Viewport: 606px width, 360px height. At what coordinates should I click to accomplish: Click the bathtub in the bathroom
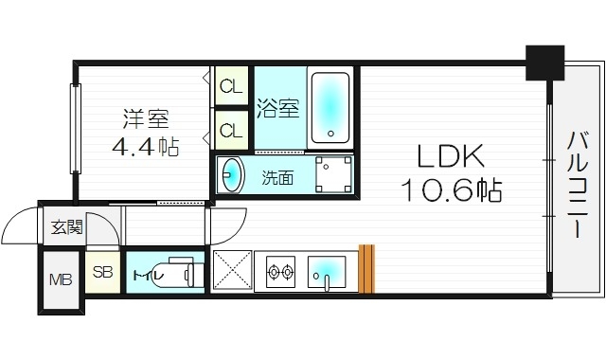coord(330,106)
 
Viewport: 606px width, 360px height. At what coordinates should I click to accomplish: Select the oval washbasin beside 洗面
coord(231,175)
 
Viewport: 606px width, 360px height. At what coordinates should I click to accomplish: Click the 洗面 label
coord(276,176)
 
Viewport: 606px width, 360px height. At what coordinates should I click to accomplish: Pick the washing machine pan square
coord(331,174)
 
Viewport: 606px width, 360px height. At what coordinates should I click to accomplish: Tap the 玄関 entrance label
coord(66,227)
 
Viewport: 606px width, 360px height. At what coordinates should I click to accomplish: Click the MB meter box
coord(60,280)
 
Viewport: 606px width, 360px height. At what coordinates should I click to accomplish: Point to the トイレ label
coord(149,276)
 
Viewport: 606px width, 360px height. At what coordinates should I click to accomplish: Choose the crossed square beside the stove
coord(229,271)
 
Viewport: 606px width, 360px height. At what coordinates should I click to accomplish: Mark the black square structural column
coord(544,63)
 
